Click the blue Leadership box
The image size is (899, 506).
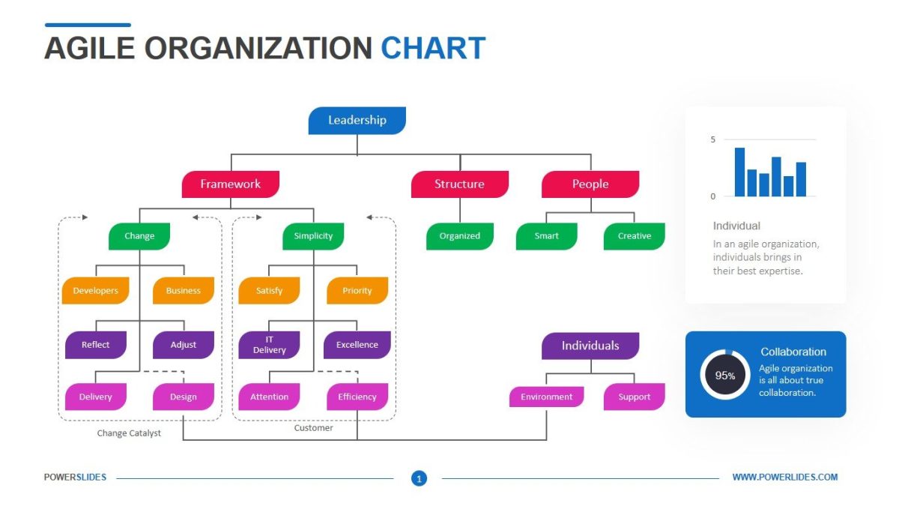[x=357, y=120]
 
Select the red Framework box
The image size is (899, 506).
[x=230, y=184]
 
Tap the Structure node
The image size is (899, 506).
[x=459, y=184]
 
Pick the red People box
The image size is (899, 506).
[x=590, y=184]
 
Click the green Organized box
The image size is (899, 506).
[x=459, y=236]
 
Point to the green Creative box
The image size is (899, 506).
[x=634, y=236]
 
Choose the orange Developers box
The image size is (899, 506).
[x=95, y=291]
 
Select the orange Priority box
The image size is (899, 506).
[x=357, y=291]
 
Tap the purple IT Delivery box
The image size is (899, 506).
[x=269, y=345]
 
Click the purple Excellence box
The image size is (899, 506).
[x=357, y=345]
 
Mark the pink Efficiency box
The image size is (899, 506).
[x=357, y=397]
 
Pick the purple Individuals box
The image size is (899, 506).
[x=590, y=346]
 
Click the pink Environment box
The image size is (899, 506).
[x=546, y=397]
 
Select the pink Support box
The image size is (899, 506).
[x=634, y=397]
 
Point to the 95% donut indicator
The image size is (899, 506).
[x=724, y=375]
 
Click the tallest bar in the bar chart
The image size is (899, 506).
[x=739, y=172]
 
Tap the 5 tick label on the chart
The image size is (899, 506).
[x=713, y=139]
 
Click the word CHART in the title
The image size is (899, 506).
[x=433, y=48]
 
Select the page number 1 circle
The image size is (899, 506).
[x=419, y=478]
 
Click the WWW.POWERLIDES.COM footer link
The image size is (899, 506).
[x=784, y=478]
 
